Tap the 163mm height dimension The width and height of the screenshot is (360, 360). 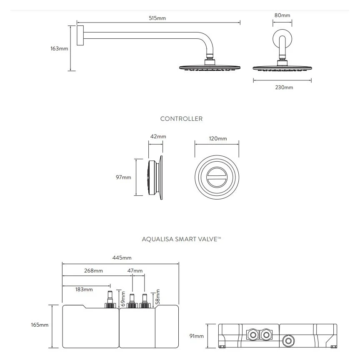(59, 48)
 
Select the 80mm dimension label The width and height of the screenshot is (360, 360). (282, 15)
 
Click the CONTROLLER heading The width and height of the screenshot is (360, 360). (181, 119)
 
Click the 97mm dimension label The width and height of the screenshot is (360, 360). (123, 177)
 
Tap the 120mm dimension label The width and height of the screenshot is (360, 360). (218, 139)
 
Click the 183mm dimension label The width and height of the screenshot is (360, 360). (84, 289)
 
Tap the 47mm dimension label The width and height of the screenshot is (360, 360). (135, 271)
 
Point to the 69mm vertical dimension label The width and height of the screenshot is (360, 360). (123, 299)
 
